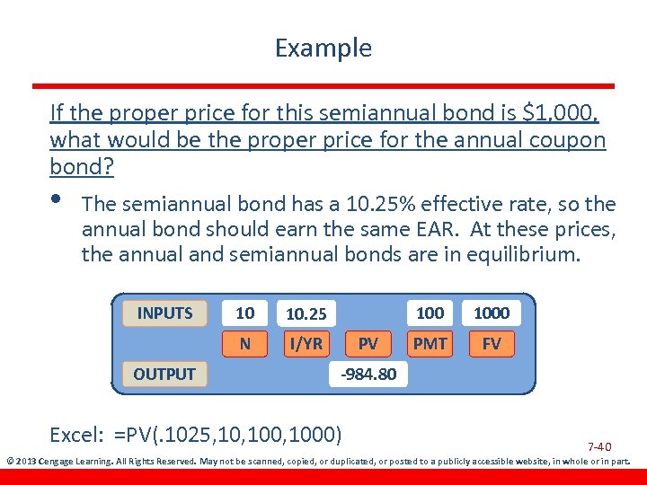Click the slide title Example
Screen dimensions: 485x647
pyautogui.click(x=323, y=48)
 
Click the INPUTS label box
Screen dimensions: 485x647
pyautogui.click(x=164, y=313)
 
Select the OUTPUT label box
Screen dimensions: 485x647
pyautogui.click(x=164, y=374)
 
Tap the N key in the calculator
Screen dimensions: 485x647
pyautogui.click(x=244, y=344)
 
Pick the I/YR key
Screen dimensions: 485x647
pyautogui.click(x=306, y=344)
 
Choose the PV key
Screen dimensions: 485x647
pyautogui.click(x=368, y=344)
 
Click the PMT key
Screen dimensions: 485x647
pyautogui.click(x=430, y=344)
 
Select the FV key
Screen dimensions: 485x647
pyautogui.click(x=492, y=344)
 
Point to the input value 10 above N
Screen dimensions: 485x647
pyautogui.click(x=244, y=313)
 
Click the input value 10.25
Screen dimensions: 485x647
pyautogui.click(x=306, y=314)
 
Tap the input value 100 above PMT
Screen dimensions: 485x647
pyautogui.click(x=430, y=313)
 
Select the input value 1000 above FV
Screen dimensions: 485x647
pyautogui.click(x=492, y=313)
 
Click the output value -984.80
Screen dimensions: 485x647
pyautogui.click(x=368, y=374)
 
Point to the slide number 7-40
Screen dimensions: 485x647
pyautogui.click(x=599, y=446)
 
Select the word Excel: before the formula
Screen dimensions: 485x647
pyautogui.click(x=78, y=436)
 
